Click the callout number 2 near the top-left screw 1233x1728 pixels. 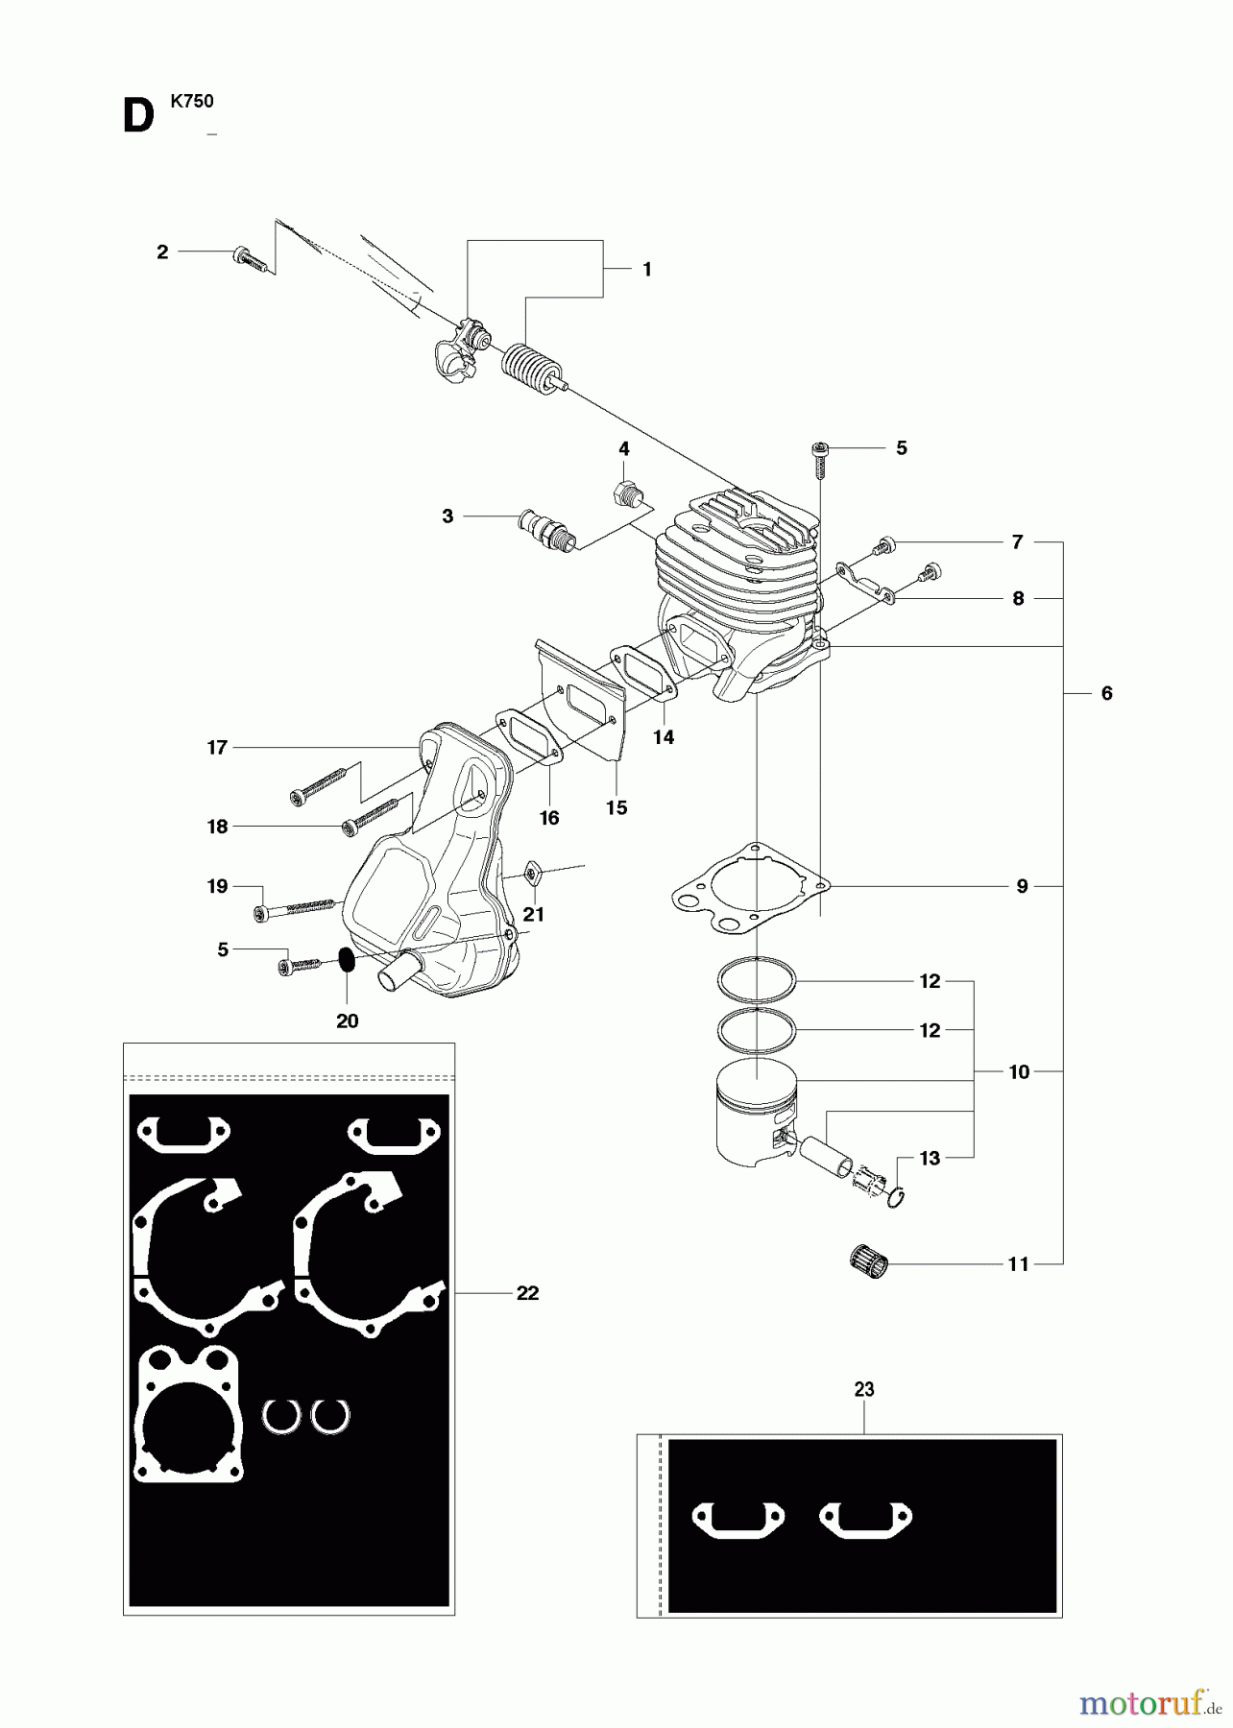(162, 252)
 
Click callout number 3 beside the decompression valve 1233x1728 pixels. (447, 516)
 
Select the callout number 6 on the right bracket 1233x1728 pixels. (1106, 693)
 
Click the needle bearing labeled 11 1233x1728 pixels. (870, 1260)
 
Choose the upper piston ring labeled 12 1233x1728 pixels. (757, 981)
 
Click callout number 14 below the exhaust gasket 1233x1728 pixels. (664, 737)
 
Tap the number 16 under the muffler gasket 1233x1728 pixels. (548, 818)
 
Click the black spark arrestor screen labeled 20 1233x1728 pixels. (347, 960)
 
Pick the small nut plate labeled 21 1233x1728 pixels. (531, 874)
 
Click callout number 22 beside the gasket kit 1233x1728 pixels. (527, 1293)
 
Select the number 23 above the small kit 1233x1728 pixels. (863, 1389)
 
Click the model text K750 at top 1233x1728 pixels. (192, 101)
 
